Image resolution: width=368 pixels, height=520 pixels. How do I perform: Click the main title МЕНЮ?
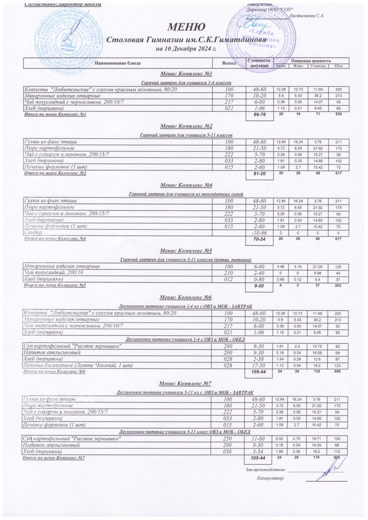[183, 28]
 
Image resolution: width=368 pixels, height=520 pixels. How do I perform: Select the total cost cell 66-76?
[259, 115]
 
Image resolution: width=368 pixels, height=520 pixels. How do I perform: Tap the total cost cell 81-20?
[259, 174]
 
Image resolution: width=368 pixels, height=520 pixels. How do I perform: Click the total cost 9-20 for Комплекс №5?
[259, 286]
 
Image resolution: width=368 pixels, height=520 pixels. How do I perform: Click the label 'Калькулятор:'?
[270, 478]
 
